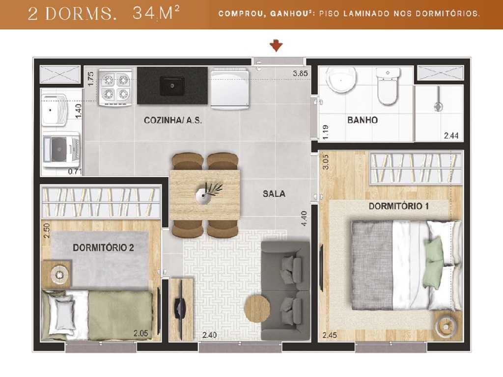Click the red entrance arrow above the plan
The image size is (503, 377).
[x=277, y=46]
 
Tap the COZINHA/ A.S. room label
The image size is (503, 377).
[x=173, y=120]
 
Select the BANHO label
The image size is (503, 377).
[x=362, y=120]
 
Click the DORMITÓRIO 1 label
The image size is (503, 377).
[x=398, y=206]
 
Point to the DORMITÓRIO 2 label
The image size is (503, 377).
[x=103, y=247]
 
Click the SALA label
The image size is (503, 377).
[x=274, y=193]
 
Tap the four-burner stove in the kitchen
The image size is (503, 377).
[x=115, y=87]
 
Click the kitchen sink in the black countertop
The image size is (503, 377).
[x=171, y=86]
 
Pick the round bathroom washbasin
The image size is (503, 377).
[x=341, y=80]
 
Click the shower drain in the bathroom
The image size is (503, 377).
[x=439, y=106]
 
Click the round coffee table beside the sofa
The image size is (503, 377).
[x=257, y=308]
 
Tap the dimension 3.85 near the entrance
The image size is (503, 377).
[x=300, y=74]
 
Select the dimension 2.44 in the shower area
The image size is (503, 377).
[x=451, y=136]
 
